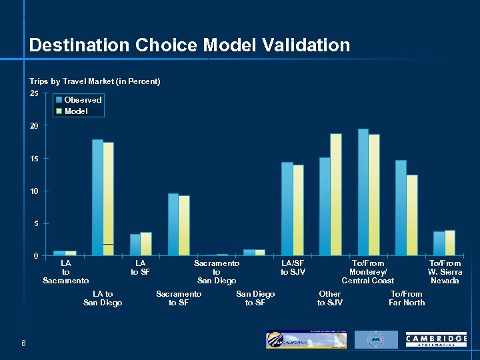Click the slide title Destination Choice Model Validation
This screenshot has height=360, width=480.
click(189, 45)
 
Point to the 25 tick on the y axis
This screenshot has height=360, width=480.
click(34, 93)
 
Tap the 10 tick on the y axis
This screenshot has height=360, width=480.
click(34, 191)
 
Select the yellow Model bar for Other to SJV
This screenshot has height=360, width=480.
click(335, 194)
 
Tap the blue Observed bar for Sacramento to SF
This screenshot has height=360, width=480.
click(173, 224)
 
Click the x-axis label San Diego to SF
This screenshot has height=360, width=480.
click(255, 298)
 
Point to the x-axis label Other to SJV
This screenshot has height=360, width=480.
click(330, 298)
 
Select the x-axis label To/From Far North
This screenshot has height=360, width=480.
click(406, 298)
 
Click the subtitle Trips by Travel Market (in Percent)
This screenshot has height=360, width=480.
click(95, 81)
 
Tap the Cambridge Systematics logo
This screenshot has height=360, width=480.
click(436, 340)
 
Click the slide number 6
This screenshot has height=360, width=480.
click(23, 343)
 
